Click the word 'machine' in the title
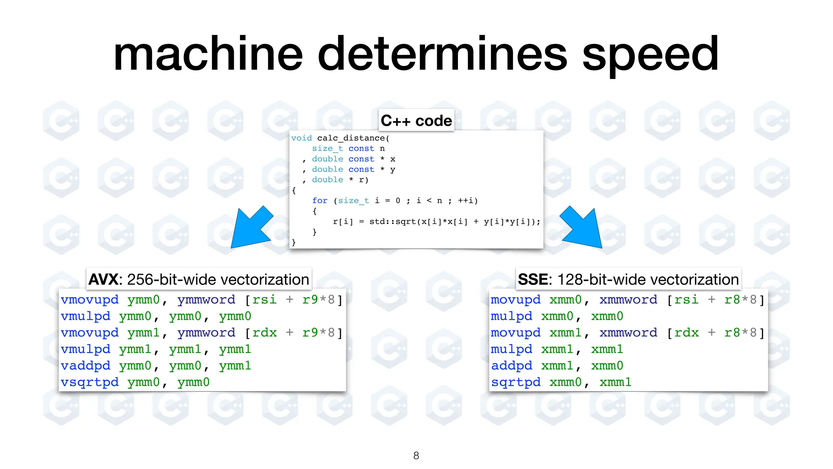pos(208,54)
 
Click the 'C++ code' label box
pos(416,121)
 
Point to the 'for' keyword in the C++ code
pos(320,201)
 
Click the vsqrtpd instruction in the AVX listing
pos(89,382)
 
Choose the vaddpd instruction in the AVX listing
pos(85,366)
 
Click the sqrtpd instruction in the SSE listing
pos(516,382)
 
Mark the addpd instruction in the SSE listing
pos(512,366)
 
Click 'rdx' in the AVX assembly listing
pos(264,333)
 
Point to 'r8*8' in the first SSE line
pos(740,300)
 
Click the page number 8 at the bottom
pos(416,456)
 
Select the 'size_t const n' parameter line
pos(348,149)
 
